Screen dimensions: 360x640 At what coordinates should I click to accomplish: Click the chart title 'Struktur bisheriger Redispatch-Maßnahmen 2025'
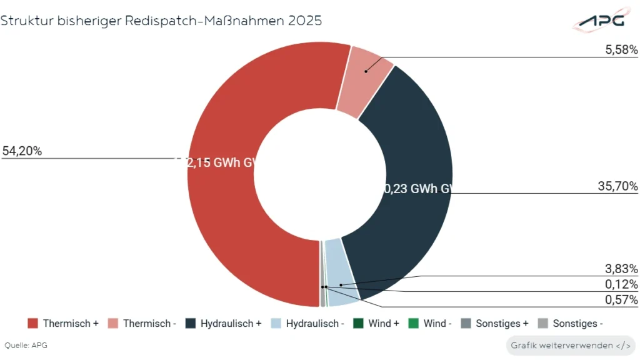point(161,21)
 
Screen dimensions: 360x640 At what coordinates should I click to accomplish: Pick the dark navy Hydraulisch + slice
point(406,156)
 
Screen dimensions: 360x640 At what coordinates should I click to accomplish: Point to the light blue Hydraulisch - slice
point(341,275)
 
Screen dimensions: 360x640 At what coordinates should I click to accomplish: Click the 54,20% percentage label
point(22,151)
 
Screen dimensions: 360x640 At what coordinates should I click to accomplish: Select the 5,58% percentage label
point(621,49)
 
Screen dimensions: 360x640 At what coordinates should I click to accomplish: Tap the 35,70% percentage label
point(617,186)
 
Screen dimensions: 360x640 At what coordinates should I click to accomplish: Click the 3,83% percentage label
point(622,269)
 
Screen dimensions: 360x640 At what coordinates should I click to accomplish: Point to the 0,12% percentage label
point(622,284)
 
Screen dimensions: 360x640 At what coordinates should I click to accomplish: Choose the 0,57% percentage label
point(622,300)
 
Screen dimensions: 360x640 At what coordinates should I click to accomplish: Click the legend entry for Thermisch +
point(63,324)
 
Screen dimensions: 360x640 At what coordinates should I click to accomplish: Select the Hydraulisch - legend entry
point(308,324)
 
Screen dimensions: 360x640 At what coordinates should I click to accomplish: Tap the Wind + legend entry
point(376,324)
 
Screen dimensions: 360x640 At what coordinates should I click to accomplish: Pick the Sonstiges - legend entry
point(570,324)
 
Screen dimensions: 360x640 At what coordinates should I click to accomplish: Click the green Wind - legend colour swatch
point(413,324)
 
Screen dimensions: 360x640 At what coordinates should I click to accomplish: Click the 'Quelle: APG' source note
point(26,345)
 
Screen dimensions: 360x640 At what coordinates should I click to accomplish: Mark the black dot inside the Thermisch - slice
point(366,71)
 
